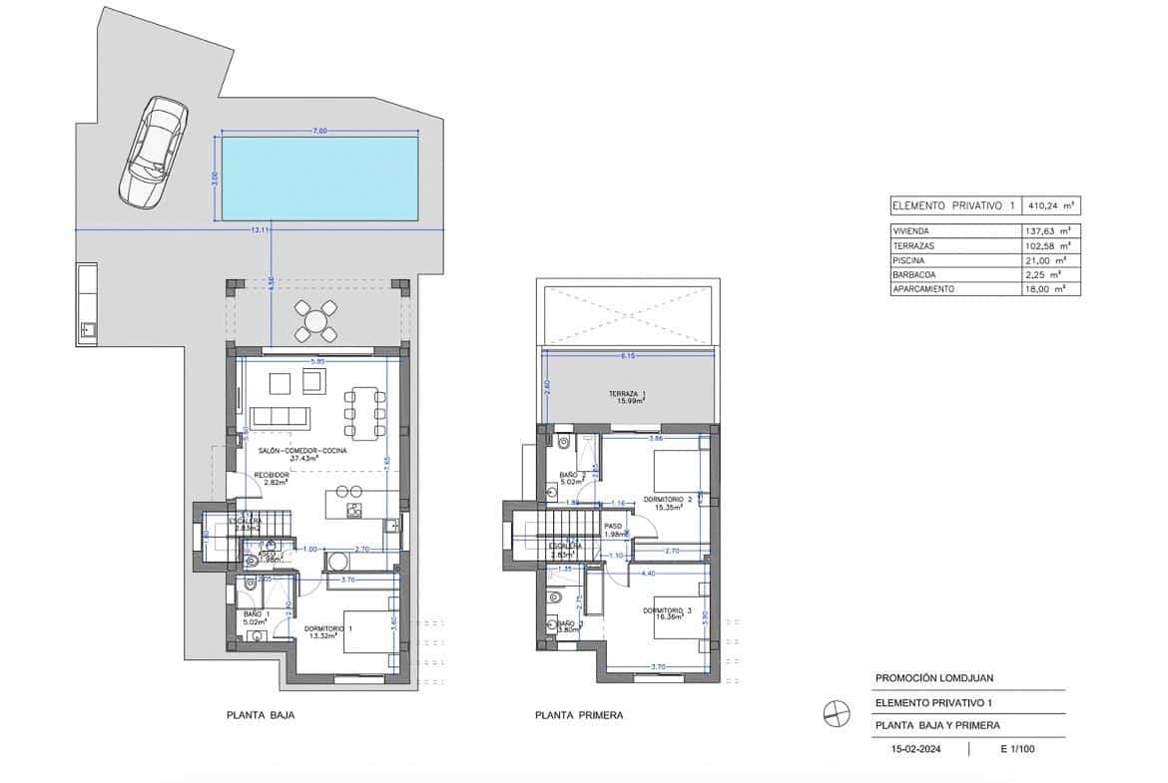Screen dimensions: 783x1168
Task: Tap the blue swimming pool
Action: [x=318, y=180]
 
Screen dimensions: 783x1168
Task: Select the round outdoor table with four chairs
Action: [x=315, y=321]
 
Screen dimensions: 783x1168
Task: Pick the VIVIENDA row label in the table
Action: [x=913, y=230]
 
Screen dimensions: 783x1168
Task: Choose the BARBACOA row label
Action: [x=915, y=274]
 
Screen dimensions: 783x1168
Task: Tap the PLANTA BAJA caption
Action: [x=261, y=715]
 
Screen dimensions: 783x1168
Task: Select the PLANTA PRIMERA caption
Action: [x=579, y=715]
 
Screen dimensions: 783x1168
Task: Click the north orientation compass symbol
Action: [x=836, y=714]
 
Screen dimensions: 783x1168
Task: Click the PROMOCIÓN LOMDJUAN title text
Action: [x=933, y=678]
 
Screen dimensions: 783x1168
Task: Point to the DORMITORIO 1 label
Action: [x=328, y=630]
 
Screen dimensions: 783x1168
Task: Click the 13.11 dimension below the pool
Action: [x=261, y=230]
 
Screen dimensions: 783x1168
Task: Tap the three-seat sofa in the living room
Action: [x=281, y=415]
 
